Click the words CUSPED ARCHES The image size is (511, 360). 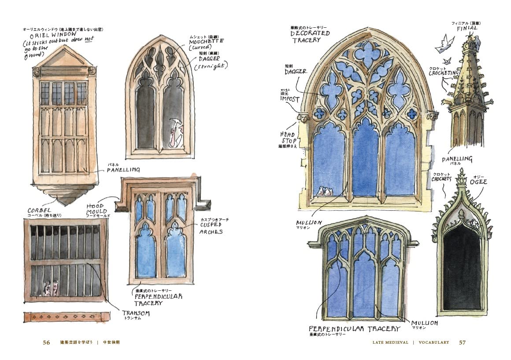(211, 228)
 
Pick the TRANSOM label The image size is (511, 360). (136, 313)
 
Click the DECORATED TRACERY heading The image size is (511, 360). (311, 36)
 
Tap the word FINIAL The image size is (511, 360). (467, 28)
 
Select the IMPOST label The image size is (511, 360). (289, 99)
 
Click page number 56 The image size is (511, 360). (47, 342)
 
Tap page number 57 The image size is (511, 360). (463, 342)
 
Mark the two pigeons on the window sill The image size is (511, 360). (325, 191)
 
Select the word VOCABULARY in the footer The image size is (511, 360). (434, 342)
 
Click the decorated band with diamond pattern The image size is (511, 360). (67, 316)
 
